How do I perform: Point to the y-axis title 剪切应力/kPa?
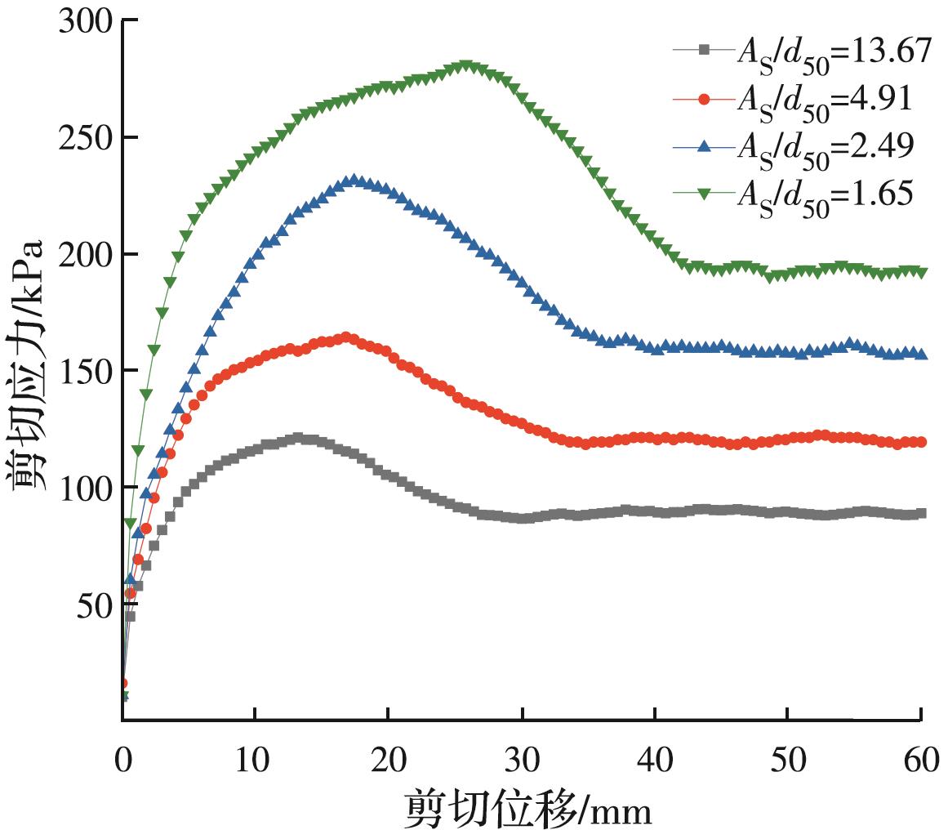31,368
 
